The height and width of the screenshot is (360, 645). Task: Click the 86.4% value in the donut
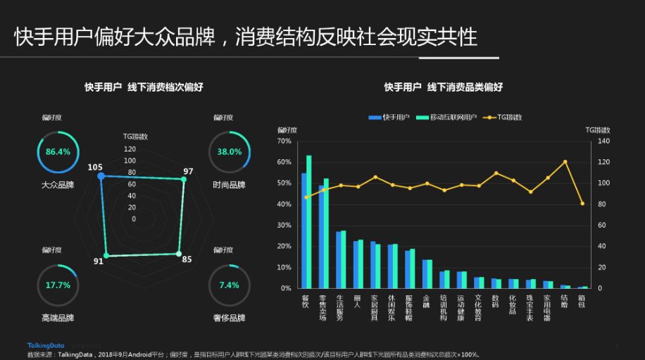coord(58,152)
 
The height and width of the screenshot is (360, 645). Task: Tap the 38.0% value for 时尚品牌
coord(229,152)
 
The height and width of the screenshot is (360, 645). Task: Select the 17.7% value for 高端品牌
coord(58,285)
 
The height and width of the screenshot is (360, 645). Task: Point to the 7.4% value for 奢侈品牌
coord(229,285)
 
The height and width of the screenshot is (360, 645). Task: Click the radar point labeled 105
coord(101,175)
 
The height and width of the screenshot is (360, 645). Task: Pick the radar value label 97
coord(188,171)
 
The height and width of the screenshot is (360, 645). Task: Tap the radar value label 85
coord(187,259)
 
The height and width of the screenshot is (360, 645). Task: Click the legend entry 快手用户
coord(389,117)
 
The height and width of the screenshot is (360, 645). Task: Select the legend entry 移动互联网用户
coord(447,117)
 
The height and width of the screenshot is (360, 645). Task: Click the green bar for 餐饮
coord(308,221)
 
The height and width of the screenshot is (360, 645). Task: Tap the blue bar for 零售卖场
coord(321,237)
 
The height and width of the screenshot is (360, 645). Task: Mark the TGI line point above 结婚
coord(565,162)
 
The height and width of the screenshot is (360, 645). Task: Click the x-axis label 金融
coord(427,301)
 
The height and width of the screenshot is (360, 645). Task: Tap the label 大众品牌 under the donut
coord(58,185)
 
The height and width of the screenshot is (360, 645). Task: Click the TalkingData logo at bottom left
coord(45,345)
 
